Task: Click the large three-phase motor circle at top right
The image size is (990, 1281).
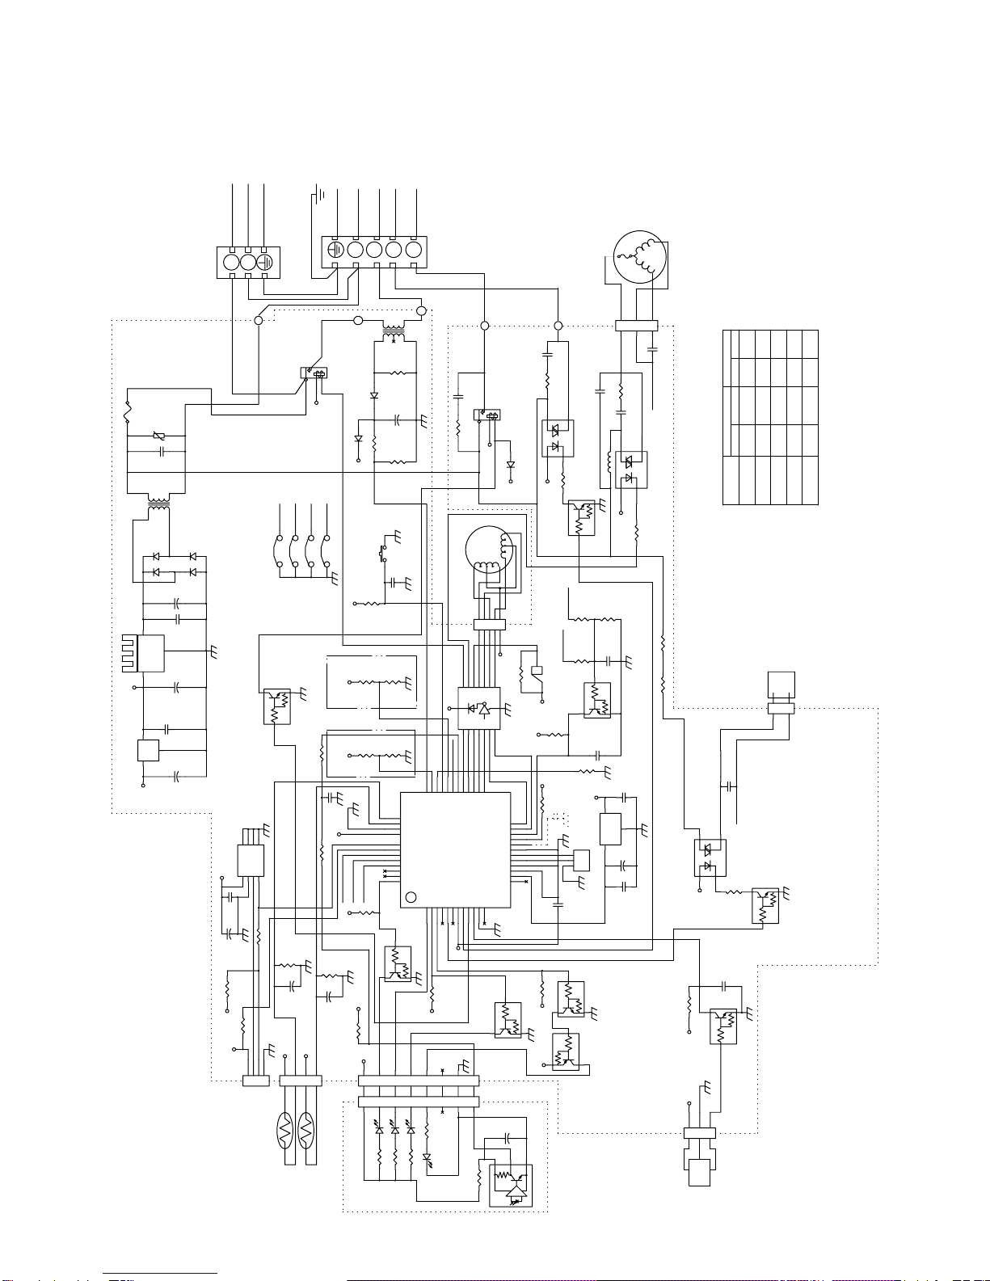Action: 639,257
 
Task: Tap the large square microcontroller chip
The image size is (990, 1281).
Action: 456,849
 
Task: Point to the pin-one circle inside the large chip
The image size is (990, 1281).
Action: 411,897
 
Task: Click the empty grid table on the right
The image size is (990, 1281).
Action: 770,417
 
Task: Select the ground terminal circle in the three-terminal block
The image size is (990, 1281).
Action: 268,263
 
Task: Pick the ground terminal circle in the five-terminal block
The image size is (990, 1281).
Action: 335,249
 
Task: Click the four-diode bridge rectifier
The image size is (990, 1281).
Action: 174,564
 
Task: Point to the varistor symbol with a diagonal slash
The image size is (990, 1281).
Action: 159,437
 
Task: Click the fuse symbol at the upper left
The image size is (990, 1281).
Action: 127,410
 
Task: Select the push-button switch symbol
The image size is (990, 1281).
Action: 382,554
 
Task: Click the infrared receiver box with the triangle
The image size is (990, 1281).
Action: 511,1184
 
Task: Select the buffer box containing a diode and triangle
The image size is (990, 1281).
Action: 478,708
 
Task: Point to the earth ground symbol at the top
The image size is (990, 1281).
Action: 322,194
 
